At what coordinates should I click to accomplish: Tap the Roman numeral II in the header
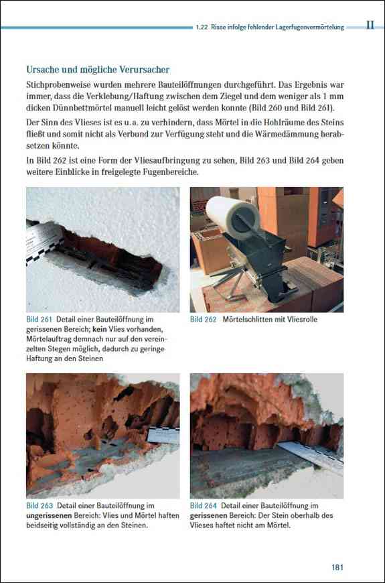[x=370, y=25]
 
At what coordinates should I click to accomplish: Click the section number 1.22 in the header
[x=202, y=27]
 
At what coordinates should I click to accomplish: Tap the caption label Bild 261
[x=38, y=319]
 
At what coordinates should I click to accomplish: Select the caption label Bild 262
[x=203, y=319]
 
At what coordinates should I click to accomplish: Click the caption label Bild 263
[x=40, y=506]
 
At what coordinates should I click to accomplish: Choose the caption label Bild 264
[x=204, y=506]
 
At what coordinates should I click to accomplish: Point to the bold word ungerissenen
[x=49, y=516]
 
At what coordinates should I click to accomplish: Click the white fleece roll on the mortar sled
[x=233, y=216]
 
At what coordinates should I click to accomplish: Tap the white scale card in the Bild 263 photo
[x=163, y=436]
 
